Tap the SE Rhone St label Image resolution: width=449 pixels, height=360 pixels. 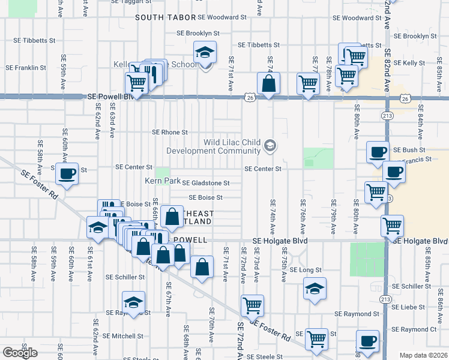[x=170, y=132]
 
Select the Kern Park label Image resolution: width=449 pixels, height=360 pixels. [x=162, y=181]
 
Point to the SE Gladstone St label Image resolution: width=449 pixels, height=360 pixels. [x=206, y=183]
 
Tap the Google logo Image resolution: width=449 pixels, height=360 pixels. [x=20, y=353]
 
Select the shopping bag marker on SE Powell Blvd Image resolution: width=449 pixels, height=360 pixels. [x=269, y=85]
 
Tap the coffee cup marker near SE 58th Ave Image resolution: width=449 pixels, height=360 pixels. [x=67, y=175]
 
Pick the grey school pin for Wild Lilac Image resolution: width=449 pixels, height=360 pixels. [x=270, y=145]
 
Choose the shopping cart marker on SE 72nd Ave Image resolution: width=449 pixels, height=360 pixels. [x=253, y=305]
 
